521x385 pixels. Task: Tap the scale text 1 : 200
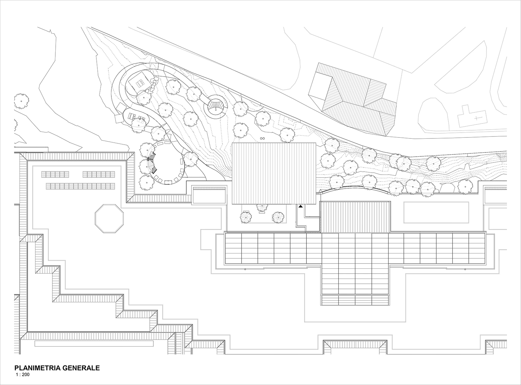click(22, 375)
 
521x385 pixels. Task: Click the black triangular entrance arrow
click(301, 207)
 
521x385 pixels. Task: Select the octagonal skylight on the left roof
click(109, 219)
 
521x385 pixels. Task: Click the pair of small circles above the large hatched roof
click(262, 138)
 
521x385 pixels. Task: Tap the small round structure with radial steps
click(215, 107)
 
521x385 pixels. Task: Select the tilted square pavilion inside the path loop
click(139, 83)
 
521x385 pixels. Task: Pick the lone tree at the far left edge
click(21, 101)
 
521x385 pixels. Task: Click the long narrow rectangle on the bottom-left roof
click(94, 343)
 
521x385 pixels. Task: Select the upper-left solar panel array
click(55, 174)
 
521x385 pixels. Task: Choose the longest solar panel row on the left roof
click(80, 186)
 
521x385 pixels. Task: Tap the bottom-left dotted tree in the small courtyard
click(246, 217)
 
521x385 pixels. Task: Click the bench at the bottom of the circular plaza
click(168, 182)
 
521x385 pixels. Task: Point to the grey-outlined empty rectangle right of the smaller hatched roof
click(436, 212)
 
